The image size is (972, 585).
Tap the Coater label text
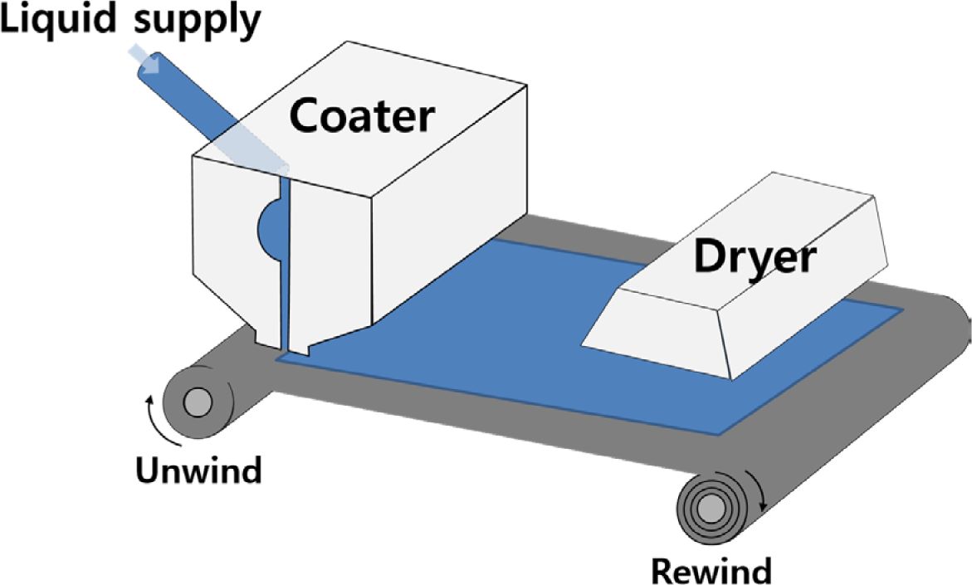(x=361, y=115)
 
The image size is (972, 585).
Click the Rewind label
(x=711, y=571)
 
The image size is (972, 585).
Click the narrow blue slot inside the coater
(x=284, y=266)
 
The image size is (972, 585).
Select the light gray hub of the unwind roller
(x=197, y=404)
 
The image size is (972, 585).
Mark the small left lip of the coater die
(x=266, y=336)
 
